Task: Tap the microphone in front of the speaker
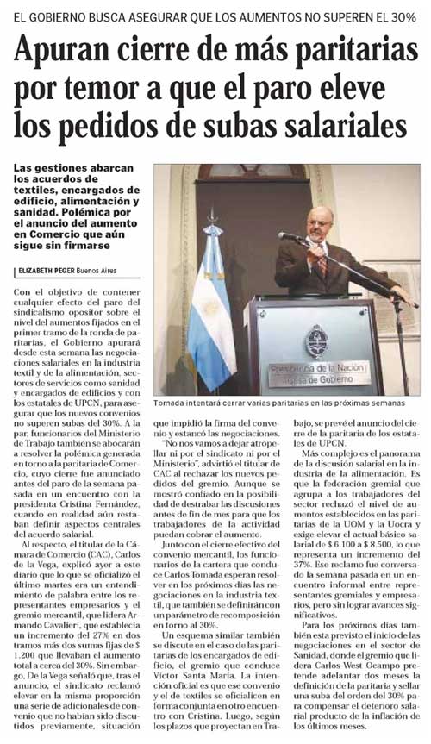pyautogui.click(x=291, y=235)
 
